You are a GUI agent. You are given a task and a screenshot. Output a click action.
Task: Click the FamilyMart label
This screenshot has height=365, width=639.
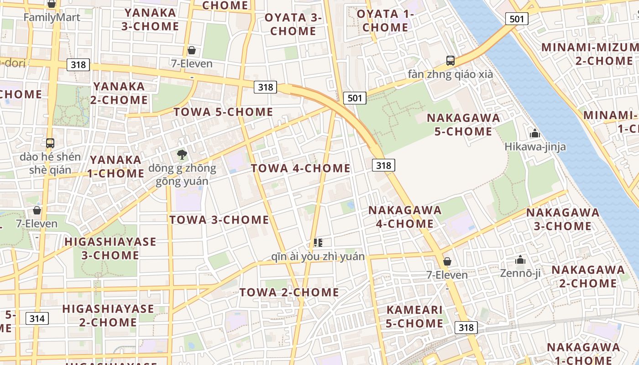click(52, 18)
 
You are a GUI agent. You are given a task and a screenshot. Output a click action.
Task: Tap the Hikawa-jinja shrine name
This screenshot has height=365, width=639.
click(535, 146)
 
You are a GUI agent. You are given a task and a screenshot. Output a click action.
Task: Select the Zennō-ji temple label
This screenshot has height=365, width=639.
click(520, 273)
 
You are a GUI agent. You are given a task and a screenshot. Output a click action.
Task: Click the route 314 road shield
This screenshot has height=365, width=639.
click(37, 318)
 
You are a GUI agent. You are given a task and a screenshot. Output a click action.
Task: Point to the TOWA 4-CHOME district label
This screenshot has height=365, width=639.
click(301, 168)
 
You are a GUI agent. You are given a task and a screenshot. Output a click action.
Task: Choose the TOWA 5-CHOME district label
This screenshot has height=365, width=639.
click(223, 112)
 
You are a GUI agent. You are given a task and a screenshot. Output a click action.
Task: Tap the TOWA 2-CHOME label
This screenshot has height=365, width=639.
click(289, 292)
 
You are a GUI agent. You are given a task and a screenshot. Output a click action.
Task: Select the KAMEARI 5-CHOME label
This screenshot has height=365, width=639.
click(414, 317)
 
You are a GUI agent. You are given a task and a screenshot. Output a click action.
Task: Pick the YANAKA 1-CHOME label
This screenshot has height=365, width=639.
click(117, 167)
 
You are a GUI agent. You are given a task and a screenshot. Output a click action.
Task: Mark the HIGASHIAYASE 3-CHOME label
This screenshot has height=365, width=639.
click(110, 248)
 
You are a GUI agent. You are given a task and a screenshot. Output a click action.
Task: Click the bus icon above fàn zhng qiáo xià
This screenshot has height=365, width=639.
click(450, 60)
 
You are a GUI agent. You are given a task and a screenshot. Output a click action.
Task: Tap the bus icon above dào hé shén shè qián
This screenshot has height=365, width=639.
click(50, 143)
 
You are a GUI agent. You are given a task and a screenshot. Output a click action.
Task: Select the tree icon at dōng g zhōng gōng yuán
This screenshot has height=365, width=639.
click(182, 155)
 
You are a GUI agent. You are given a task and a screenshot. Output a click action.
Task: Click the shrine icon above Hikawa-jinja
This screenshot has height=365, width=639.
click(534, 134)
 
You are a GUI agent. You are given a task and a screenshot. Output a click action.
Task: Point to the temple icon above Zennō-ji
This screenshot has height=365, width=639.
click(520, 260)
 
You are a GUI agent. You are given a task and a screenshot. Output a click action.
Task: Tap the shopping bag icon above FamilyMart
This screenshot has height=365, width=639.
click(52, 4)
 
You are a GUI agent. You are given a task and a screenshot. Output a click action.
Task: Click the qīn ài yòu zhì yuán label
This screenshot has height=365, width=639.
click(318, 256)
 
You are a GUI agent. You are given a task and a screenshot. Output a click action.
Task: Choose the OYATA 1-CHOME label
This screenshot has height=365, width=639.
click(385, 21)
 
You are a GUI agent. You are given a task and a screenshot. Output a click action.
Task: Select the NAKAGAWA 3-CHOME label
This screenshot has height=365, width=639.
click(562, 219)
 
